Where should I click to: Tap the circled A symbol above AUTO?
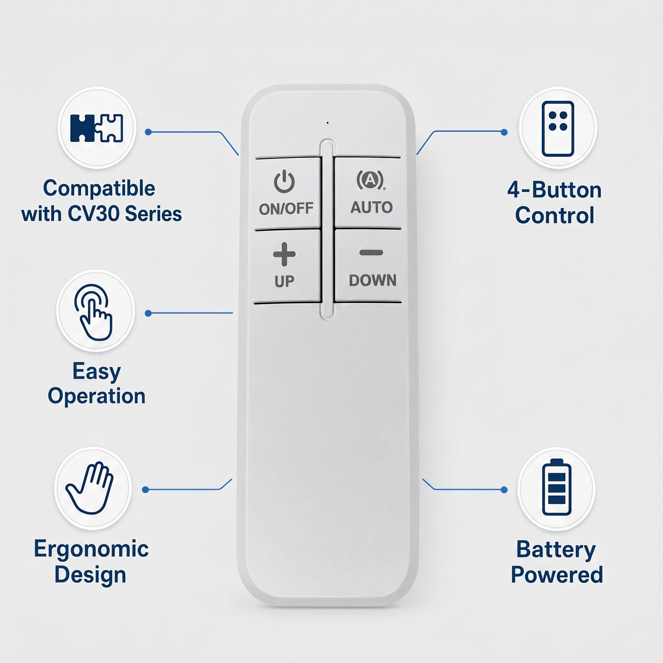click(x=371, y=179)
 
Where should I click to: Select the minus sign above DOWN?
click(x=371, y=253)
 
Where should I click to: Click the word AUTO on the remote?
click(x=371, y=207)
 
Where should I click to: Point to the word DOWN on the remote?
click(x=373, y=280)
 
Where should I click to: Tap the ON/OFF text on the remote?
click(x=286, y=209)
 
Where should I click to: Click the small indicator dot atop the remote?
click(x=328, y=122)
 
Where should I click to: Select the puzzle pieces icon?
click(x=96, y=128)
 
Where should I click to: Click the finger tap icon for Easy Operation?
click(x=93, y=312)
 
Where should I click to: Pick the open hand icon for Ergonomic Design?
click(x=90, y=488)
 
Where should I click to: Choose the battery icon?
click(x=556, y=487)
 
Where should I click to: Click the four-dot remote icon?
click(x=558, y=129)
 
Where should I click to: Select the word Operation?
click(x=96, y=396)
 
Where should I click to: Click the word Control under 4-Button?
click(x=555, y=216)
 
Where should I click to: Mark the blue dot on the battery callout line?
click(x=504, y=490)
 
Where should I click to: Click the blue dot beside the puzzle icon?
click(x=148, y=132)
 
